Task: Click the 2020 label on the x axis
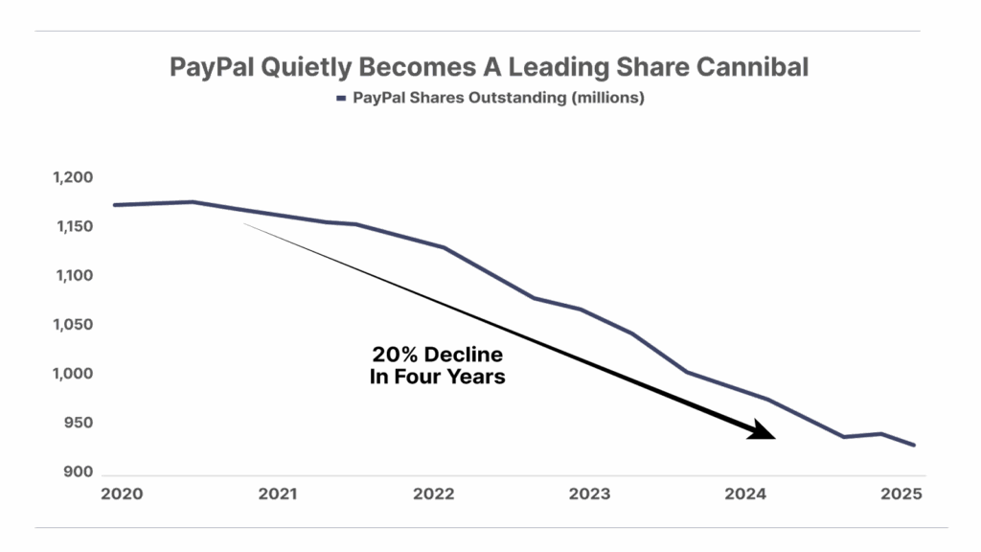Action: [122, 494]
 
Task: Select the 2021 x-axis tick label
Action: [278, 494]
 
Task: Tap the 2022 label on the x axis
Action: [434, 494]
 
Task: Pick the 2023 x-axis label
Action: [590, 494]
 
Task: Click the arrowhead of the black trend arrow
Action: [763, 432]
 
